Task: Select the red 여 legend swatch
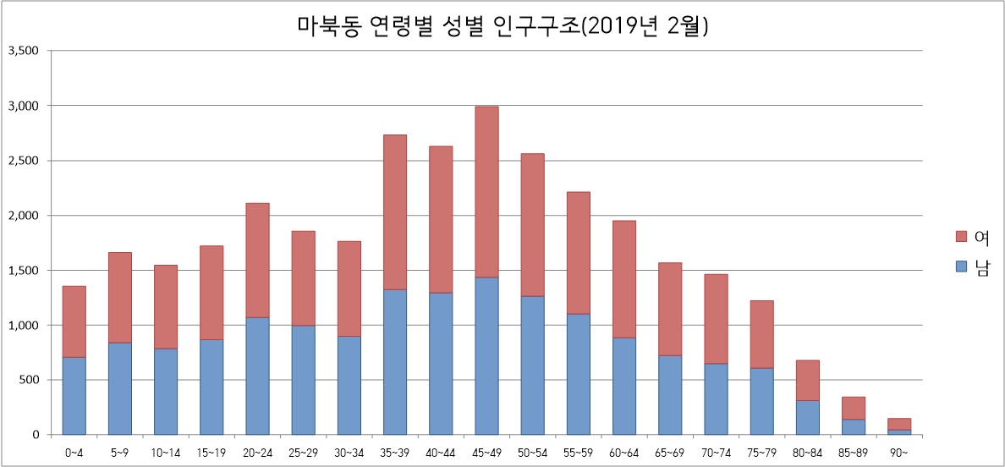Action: click(960, 235)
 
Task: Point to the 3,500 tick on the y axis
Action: click(23, 51)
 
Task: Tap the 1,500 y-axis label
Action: click(23, 271)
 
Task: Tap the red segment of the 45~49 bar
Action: click(486, 191)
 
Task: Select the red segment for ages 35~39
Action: click(395, 212)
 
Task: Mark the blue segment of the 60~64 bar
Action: click(623, 386)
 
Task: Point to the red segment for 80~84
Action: click(807, 380)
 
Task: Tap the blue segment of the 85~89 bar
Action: click(853, 427)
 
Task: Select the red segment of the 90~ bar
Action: click(898, 424)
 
